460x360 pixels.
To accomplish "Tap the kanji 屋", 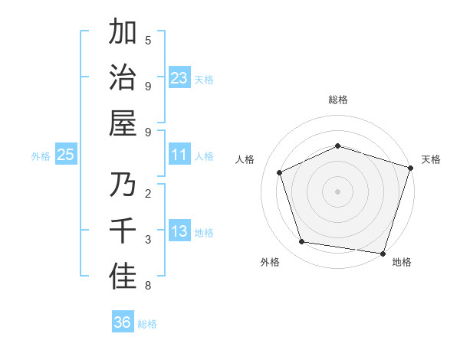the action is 123,123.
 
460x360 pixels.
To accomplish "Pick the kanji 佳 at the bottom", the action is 123,276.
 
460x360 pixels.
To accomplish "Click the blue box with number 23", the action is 179,77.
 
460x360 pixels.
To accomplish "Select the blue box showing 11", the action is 179,155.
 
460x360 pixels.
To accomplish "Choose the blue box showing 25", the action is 65,155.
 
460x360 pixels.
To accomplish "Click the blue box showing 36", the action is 123,322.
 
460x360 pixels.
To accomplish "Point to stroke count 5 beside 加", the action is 147,40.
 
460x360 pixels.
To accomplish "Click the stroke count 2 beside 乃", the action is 147,193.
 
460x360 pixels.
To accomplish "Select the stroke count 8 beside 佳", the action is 147,286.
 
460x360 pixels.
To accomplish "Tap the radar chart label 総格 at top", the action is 337,100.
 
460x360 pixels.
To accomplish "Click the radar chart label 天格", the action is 431,159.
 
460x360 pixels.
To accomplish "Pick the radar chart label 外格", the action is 270,262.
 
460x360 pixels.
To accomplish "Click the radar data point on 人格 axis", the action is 280,172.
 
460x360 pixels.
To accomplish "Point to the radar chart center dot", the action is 337,191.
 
